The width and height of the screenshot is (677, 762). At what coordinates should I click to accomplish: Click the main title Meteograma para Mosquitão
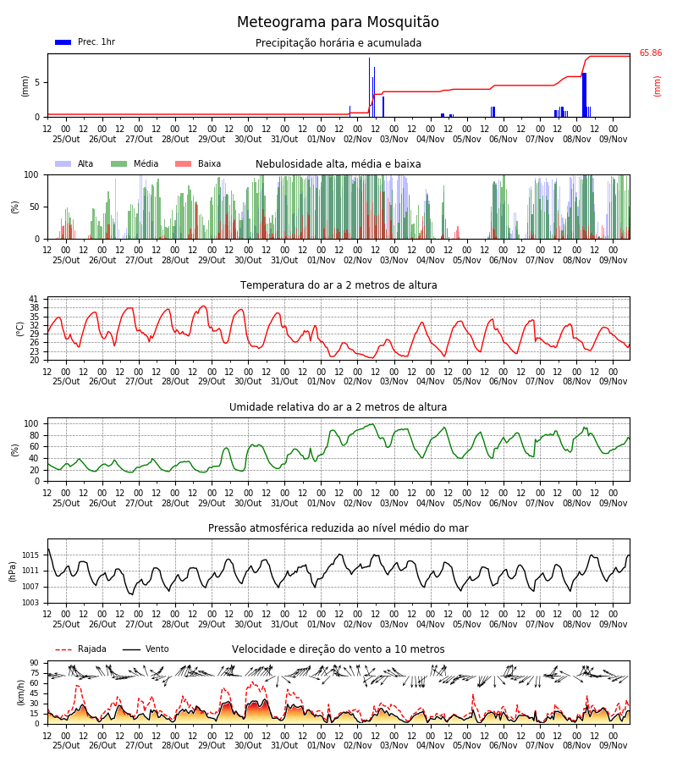tap(338, 22)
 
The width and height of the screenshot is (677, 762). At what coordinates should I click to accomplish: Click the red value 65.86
tap(650, 53)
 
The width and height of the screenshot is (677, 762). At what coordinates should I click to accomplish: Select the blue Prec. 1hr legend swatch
tap(63, 42)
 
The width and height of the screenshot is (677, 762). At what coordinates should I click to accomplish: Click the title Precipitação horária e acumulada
tap(338, 43)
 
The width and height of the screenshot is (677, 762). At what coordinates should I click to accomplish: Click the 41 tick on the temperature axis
tap(34, 299)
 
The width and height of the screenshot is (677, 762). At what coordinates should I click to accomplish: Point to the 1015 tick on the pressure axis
tap(30, 555)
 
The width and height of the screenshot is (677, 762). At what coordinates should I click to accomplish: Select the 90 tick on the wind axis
tap(34, 663)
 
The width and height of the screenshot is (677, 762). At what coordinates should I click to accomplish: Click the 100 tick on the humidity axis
tap(31, 424)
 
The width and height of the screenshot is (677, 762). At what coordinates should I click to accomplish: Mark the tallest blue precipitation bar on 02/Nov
tap(369, 87)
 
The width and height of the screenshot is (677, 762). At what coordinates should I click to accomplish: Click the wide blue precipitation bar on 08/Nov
tap(584, 95)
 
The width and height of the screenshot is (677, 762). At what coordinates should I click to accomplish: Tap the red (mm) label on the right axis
tap(657, 86)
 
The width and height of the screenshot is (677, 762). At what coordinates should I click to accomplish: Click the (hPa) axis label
tap(13, 571)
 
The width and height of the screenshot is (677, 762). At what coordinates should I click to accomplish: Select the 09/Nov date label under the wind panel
tap(613, 745)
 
